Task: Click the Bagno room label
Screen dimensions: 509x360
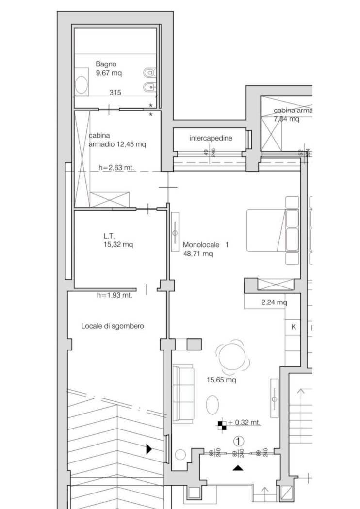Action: (106, 64)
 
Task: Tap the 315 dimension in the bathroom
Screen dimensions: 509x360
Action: (115, 93)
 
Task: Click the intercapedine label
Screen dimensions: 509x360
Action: (211, 138)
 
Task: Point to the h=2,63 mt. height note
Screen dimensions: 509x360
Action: (116, 168)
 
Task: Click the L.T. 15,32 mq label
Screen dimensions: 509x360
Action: (117, 240)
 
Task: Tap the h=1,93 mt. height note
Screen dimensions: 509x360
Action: (115, 295)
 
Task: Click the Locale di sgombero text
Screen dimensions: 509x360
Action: (112, 326)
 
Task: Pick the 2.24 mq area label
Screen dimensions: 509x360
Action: (274, 302)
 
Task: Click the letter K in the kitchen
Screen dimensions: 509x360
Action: (294, 327)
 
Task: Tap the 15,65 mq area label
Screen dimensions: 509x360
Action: (222, 381)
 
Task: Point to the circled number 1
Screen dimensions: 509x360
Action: (238, 441)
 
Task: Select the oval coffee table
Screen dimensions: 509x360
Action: (213, 404)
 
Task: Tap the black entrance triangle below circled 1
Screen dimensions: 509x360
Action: (238, 468)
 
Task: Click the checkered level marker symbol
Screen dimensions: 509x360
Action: (222, 425)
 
